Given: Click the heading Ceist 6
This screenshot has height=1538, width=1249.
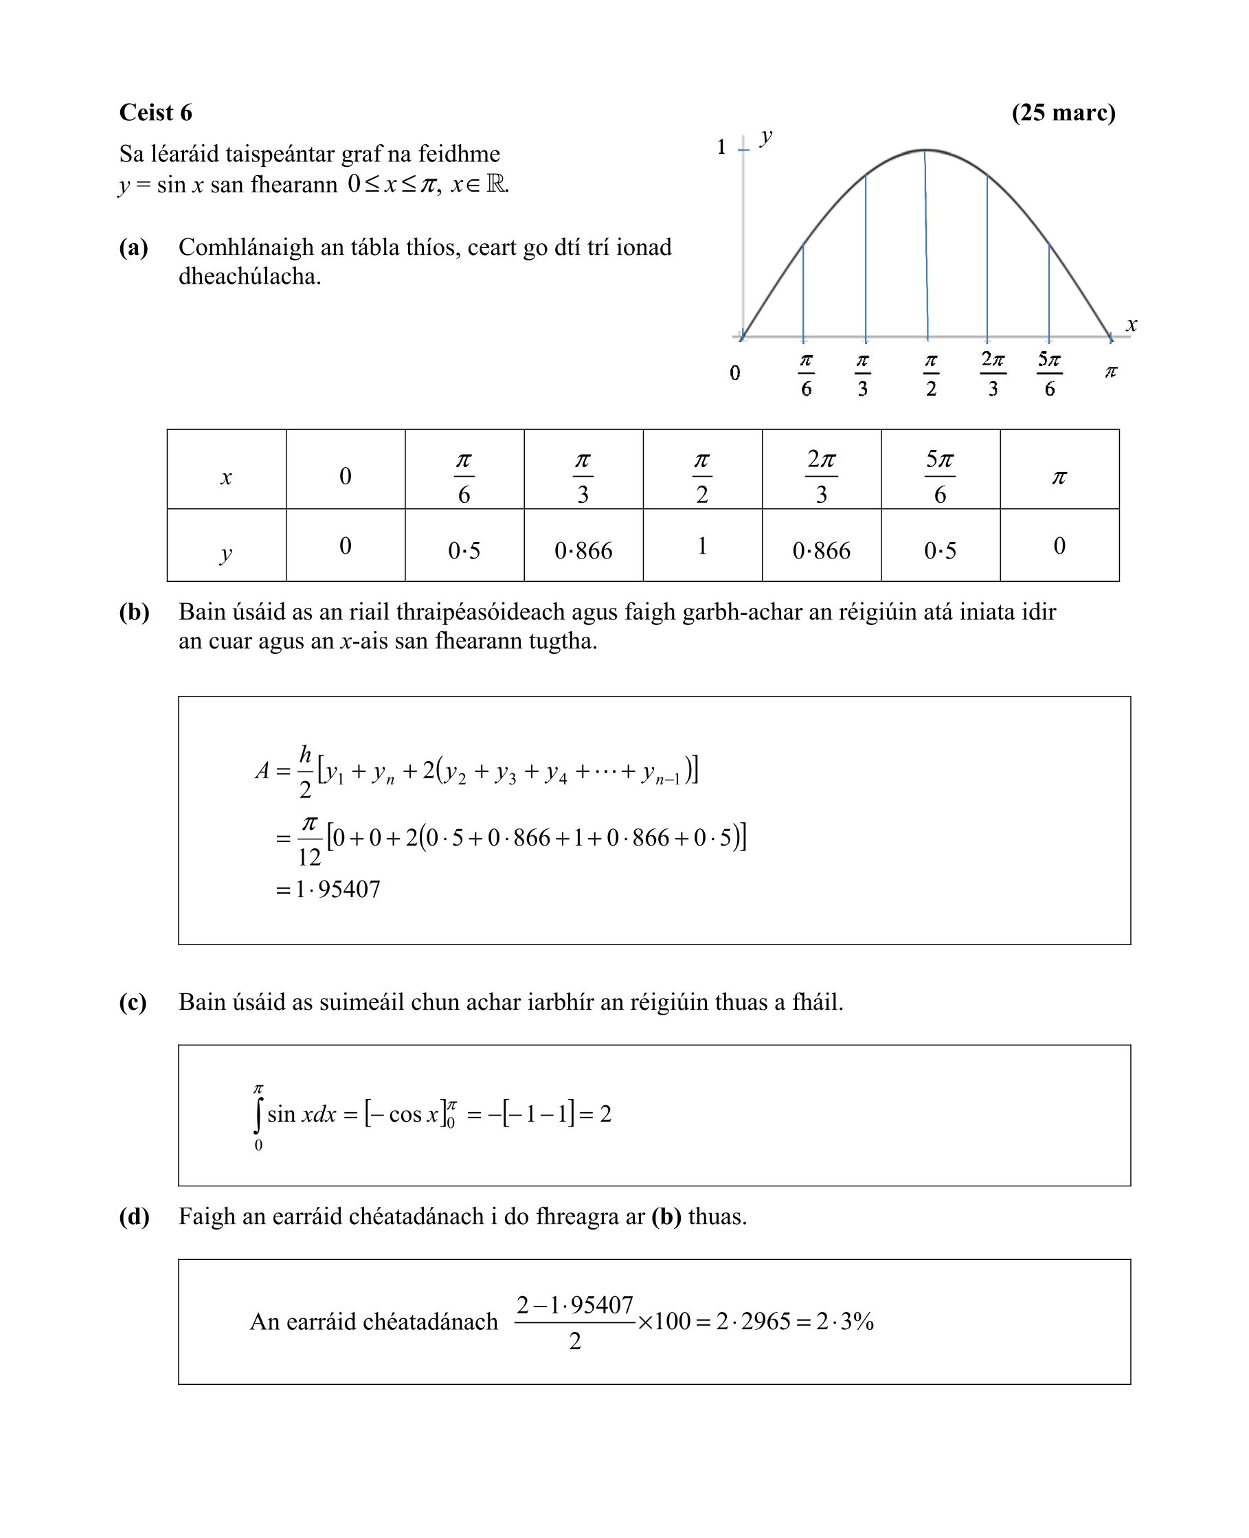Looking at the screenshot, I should coord(155,112).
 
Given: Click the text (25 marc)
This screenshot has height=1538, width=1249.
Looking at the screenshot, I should coord(1063,112).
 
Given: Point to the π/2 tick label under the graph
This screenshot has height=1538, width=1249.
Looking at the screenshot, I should coord(930,374).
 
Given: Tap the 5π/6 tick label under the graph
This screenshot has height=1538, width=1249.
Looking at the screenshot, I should coord(1049,374).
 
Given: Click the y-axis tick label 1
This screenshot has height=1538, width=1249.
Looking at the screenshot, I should coord(721,147).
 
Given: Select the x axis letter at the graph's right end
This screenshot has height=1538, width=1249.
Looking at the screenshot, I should coord(1131,324).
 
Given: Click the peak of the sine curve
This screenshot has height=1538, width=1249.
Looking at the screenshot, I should coord(925,150).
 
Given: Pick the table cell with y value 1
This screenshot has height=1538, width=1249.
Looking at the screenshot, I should coord(702,546).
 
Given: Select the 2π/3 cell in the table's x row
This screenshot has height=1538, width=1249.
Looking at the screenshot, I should coord(821,475).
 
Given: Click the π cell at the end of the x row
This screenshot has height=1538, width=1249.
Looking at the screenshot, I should coord(1059,477).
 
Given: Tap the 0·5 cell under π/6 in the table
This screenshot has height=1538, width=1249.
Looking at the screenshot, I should coord(464,550).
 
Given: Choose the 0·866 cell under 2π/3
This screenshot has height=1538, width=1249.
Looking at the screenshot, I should coord(821,550).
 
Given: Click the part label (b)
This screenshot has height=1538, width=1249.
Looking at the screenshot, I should coord(134,611).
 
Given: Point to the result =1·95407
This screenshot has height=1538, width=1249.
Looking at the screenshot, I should coord(329,889).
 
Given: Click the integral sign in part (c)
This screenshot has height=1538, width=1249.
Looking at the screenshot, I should coord(258,1114).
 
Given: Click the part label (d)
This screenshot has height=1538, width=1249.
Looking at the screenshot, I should coord(134,1217).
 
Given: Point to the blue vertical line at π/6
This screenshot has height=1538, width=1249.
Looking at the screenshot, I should coord(803,291).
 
